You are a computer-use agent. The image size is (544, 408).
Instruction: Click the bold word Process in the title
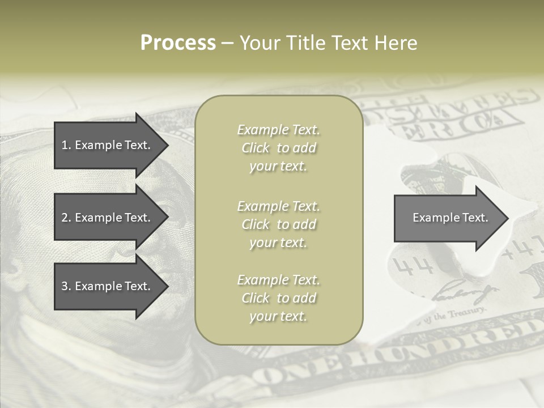pyautogui.click(x=178, y=43)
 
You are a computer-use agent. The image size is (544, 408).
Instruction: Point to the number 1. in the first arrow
pyautogui.click(x=66, y=145)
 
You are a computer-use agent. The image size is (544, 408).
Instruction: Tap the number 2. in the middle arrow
pyautogui.click(x=66, y=218)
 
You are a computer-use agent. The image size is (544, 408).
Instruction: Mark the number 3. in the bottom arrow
pyautogui.click(x=66, y=286)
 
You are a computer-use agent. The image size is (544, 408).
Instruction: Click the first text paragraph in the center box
pyautogui.click(x=278, y=148)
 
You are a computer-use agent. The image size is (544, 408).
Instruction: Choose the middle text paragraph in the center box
pyautogui.click(x=278, y=224)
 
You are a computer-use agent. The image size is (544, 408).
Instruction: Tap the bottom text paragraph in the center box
pyautogui.click(x=278, y=298)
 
